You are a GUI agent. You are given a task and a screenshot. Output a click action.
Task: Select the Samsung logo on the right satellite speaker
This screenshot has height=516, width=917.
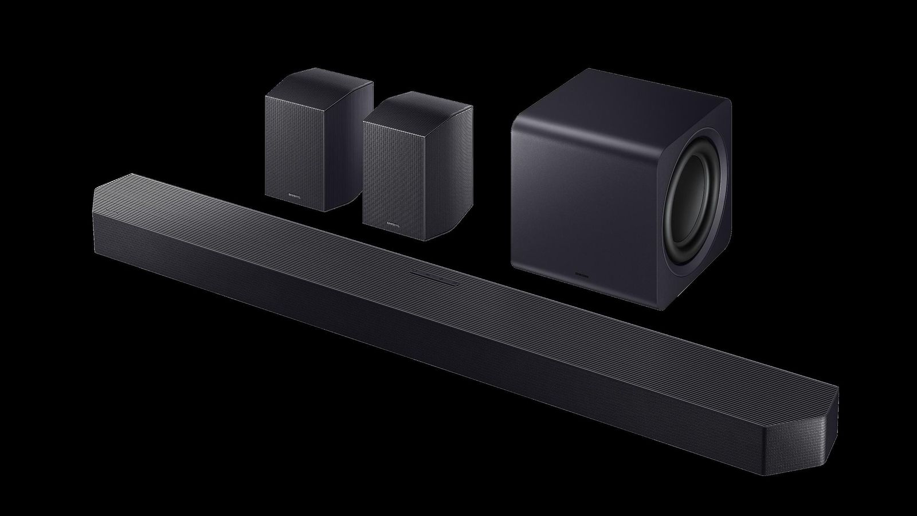393,224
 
